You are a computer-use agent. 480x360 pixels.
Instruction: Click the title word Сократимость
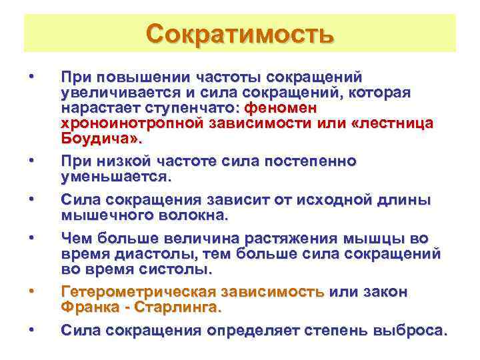(239, 33)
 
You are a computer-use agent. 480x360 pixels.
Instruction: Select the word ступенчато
(200, 107)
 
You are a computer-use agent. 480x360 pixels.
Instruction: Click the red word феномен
(281, 107)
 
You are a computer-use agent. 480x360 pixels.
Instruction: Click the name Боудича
(99, 139)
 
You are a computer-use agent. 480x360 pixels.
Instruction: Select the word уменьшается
(115, 177)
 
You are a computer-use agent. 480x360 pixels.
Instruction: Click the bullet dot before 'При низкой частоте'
(32, 161)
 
